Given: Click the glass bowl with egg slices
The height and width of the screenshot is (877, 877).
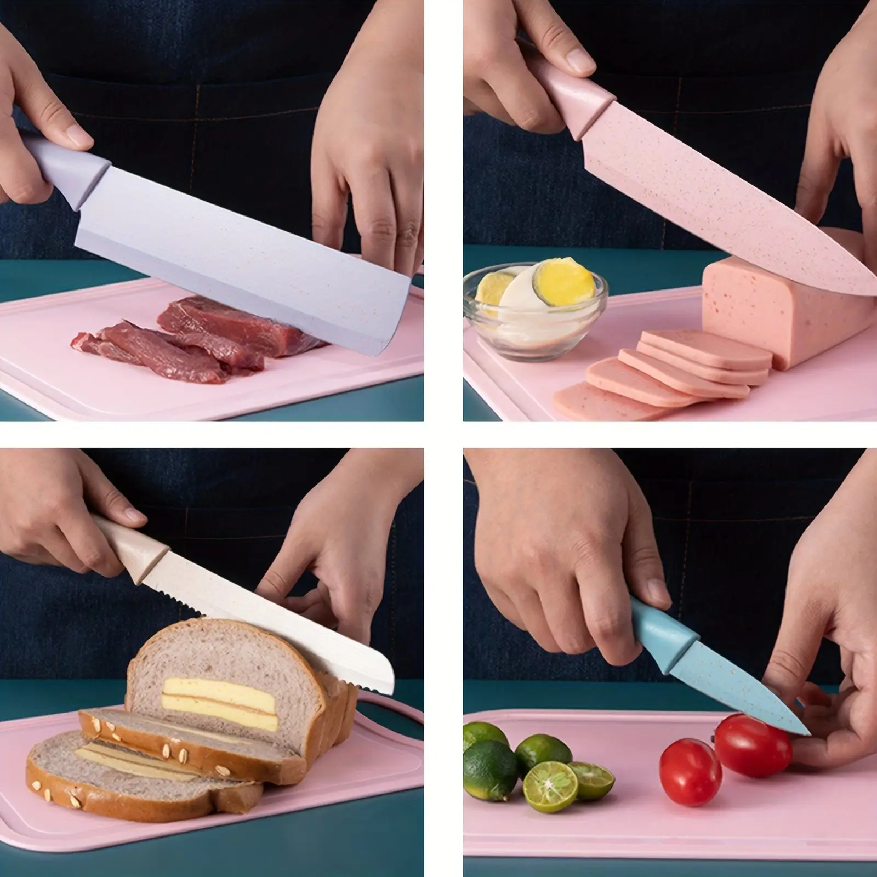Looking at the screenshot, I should point(534,310).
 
